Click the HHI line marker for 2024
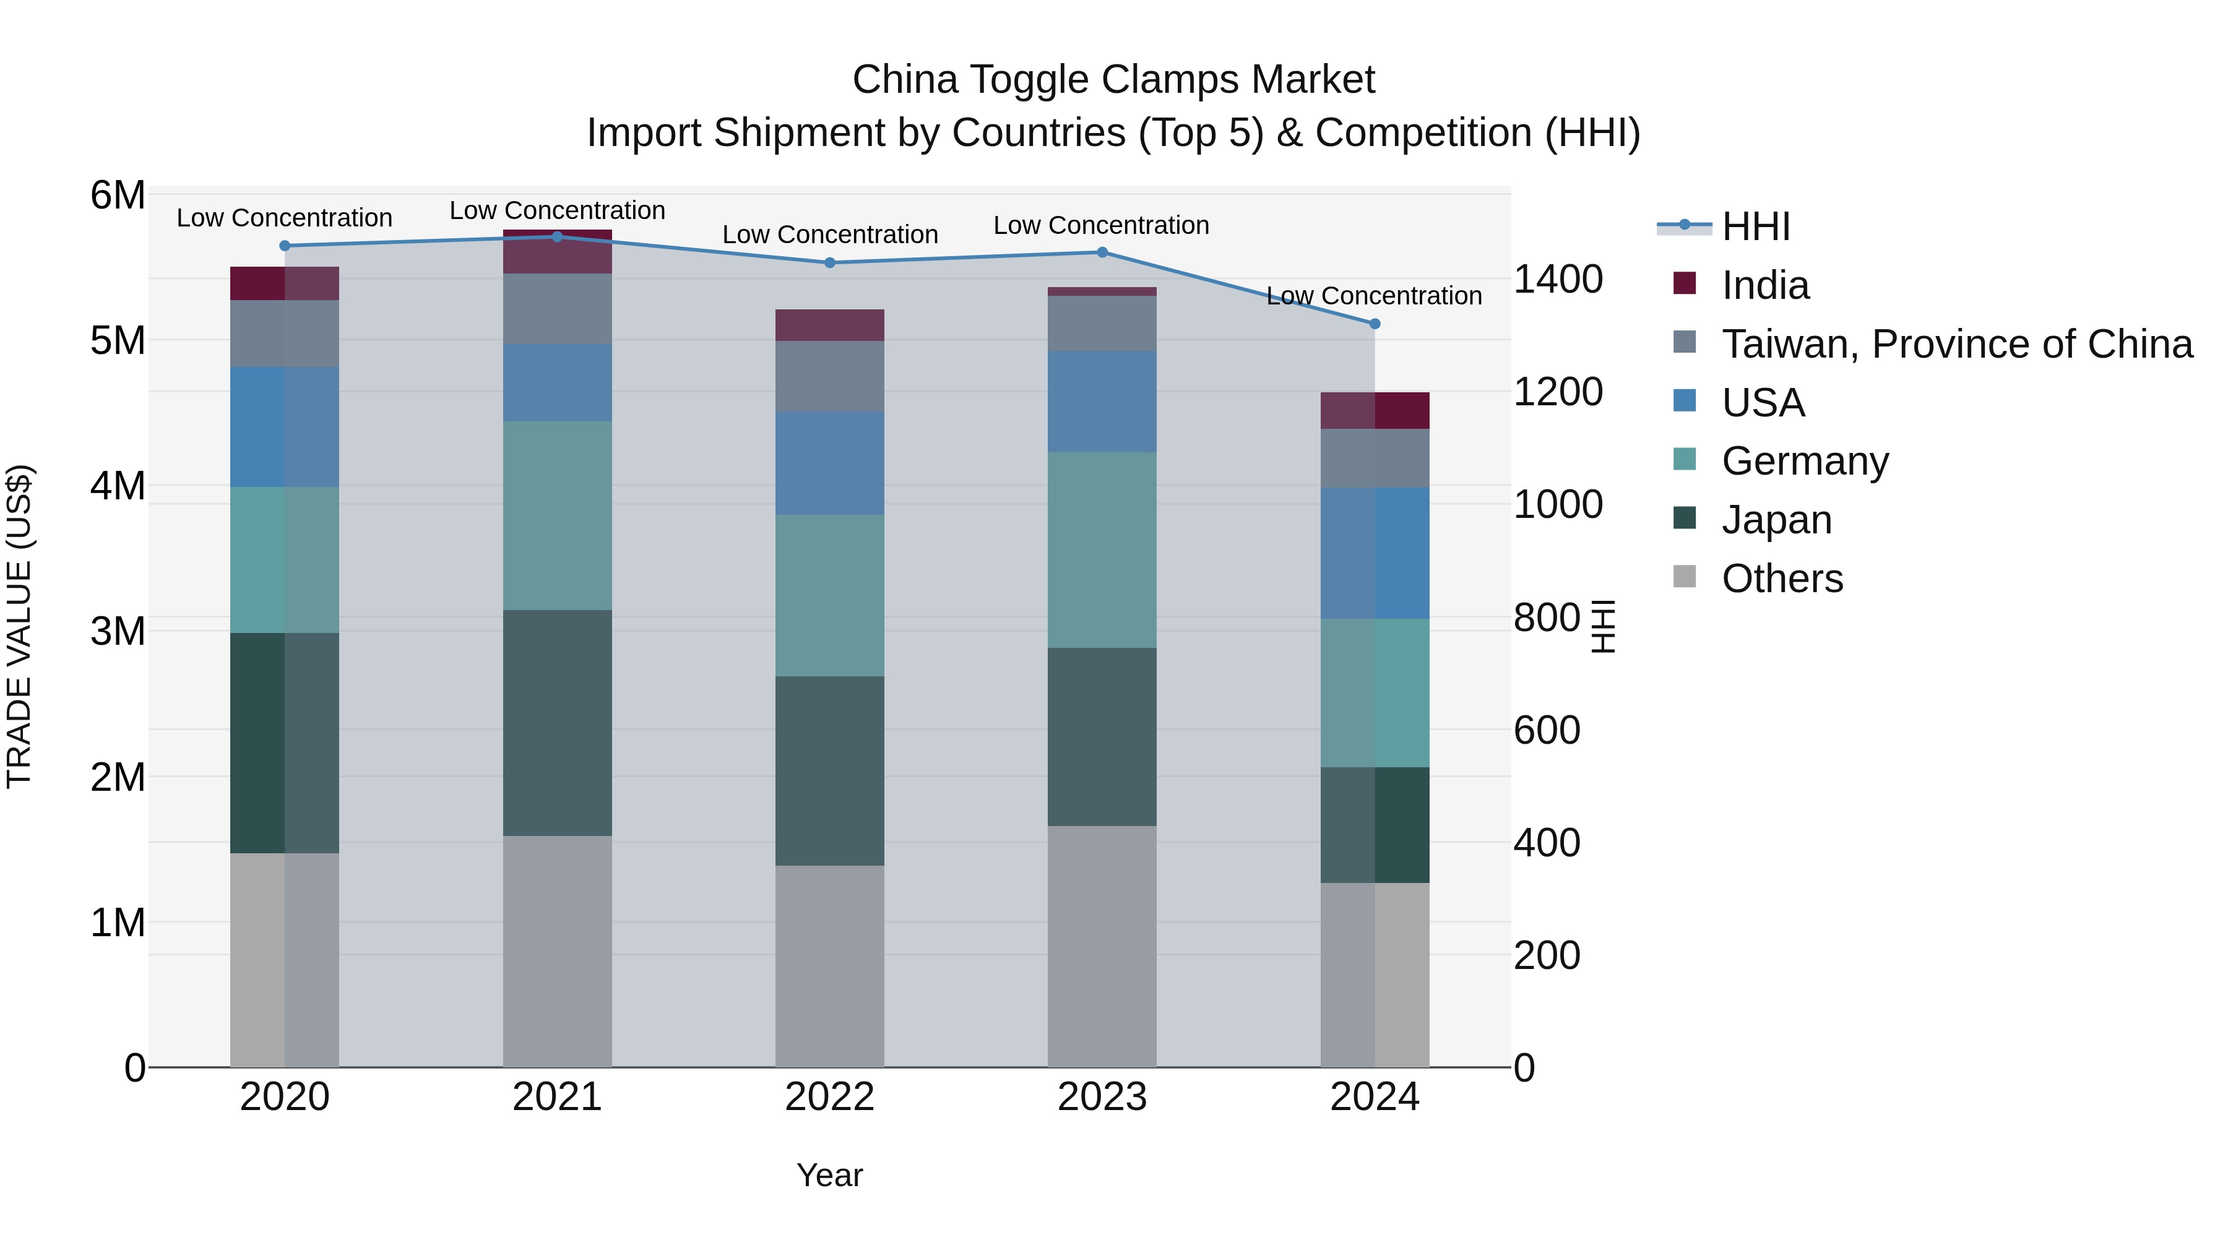1375,324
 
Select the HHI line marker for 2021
557,236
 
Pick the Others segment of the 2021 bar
557,950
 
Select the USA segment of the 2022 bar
829,463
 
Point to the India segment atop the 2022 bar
829,325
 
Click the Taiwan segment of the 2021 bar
557,308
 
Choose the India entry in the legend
1764,285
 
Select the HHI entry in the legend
1755,226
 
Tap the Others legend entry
1782,578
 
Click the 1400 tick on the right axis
1558,278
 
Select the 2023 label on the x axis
1102,1096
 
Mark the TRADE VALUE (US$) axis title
19,626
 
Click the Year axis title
829,1174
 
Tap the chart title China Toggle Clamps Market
1113,80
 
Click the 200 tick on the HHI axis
1547,955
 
